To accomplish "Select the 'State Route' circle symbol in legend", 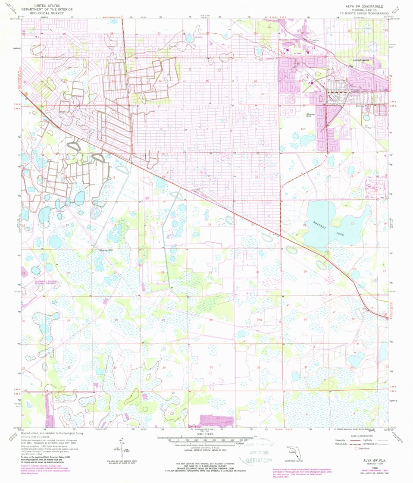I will (357, 448).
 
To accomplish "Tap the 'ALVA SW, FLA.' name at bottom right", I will (371, 460).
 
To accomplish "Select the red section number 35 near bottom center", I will (211, 367).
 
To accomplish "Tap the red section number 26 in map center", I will (211, 320).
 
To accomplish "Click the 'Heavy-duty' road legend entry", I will (341, 440).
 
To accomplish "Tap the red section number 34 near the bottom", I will (164, 367).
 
